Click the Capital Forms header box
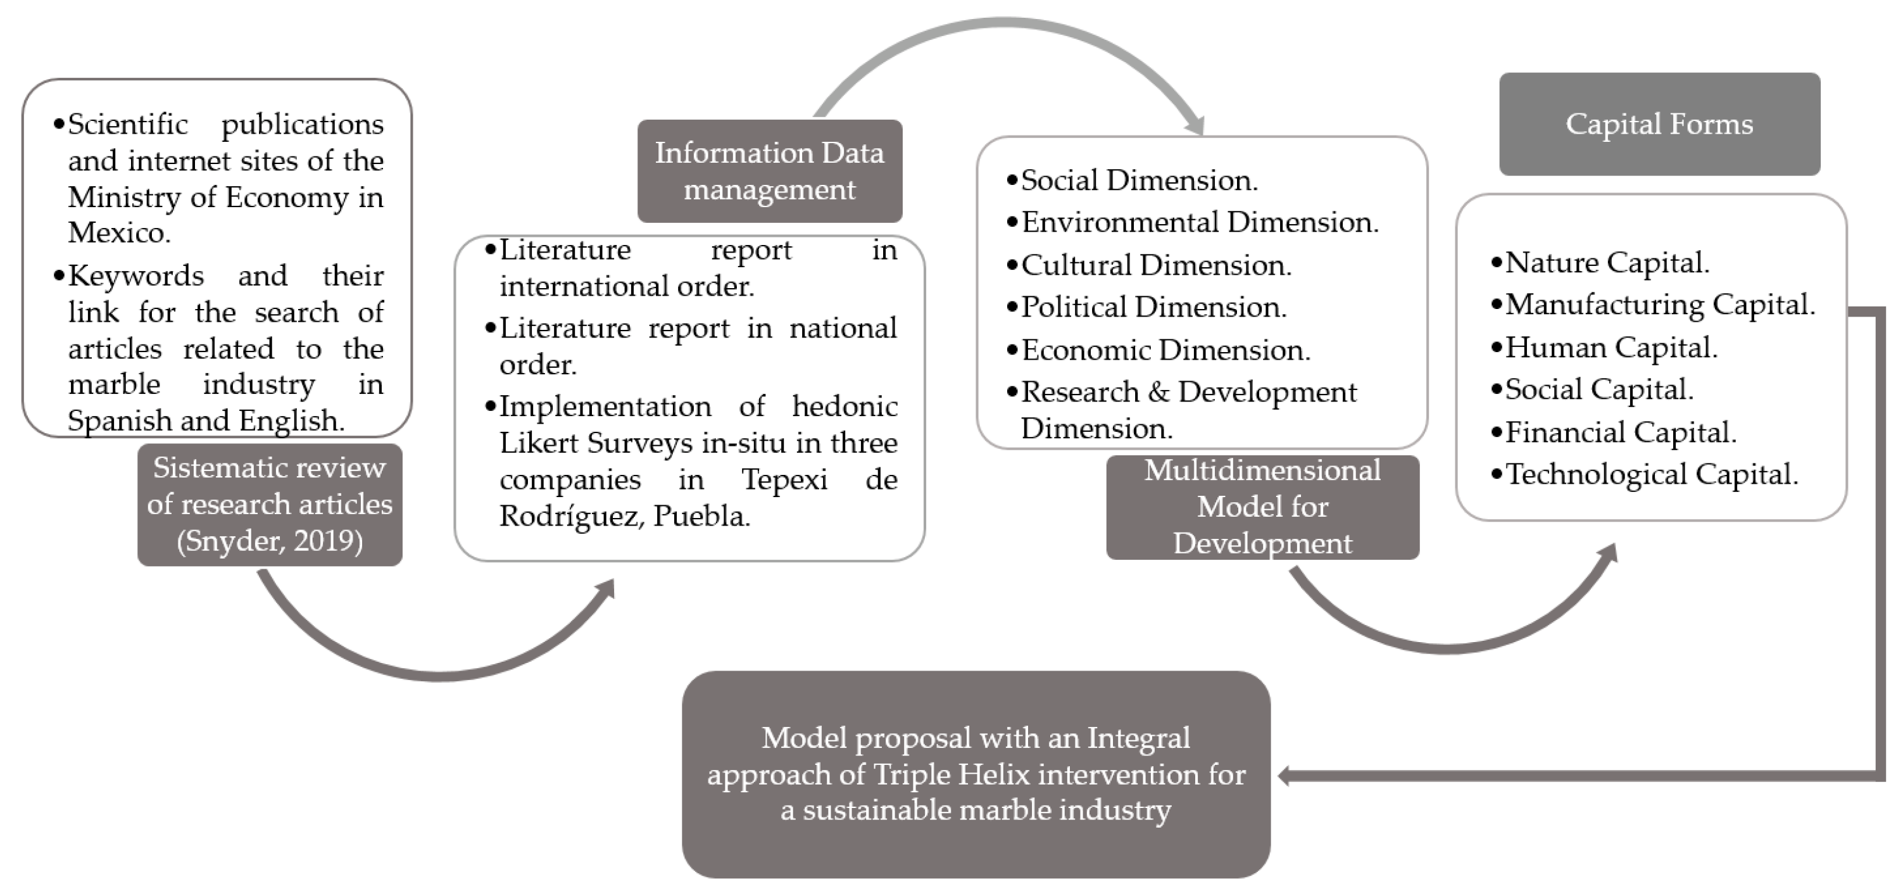click(x=1659, y=124)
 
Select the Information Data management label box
click(x=769, y=170)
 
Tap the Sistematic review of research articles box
click(x=270, y=505)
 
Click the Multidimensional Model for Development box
click(x=1262, y=507)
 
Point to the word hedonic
click(x=845, y=407)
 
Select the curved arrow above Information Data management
click(x=1005, y=30)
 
